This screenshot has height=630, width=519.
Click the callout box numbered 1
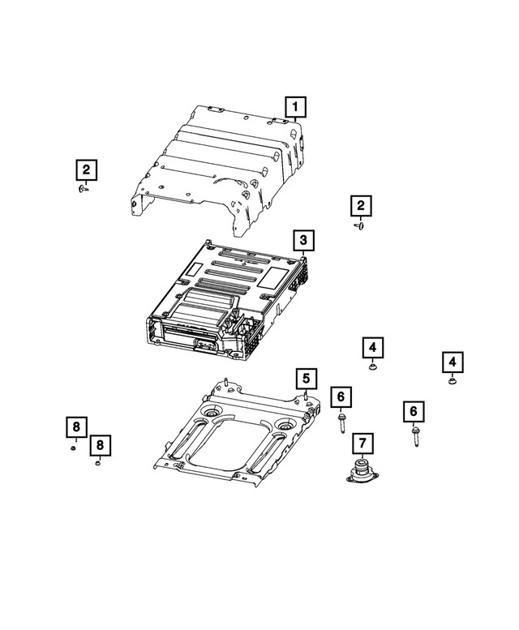295,105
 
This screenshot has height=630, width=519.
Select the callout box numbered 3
302,240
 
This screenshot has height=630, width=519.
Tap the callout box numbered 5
305,378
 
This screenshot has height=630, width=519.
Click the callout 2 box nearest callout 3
361,206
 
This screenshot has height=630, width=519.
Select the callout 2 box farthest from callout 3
85,170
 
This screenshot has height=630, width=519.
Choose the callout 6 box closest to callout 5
341,396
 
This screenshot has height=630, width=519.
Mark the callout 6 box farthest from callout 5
413,413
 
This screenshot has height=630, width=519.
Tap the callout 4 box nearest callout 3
371,348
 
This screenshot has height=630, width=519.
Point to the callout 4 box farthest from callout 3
452,362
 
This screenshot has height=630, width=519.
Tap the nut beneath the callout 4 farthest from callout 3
452,380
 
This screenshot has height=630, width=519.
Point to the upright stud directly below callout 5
305,397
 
